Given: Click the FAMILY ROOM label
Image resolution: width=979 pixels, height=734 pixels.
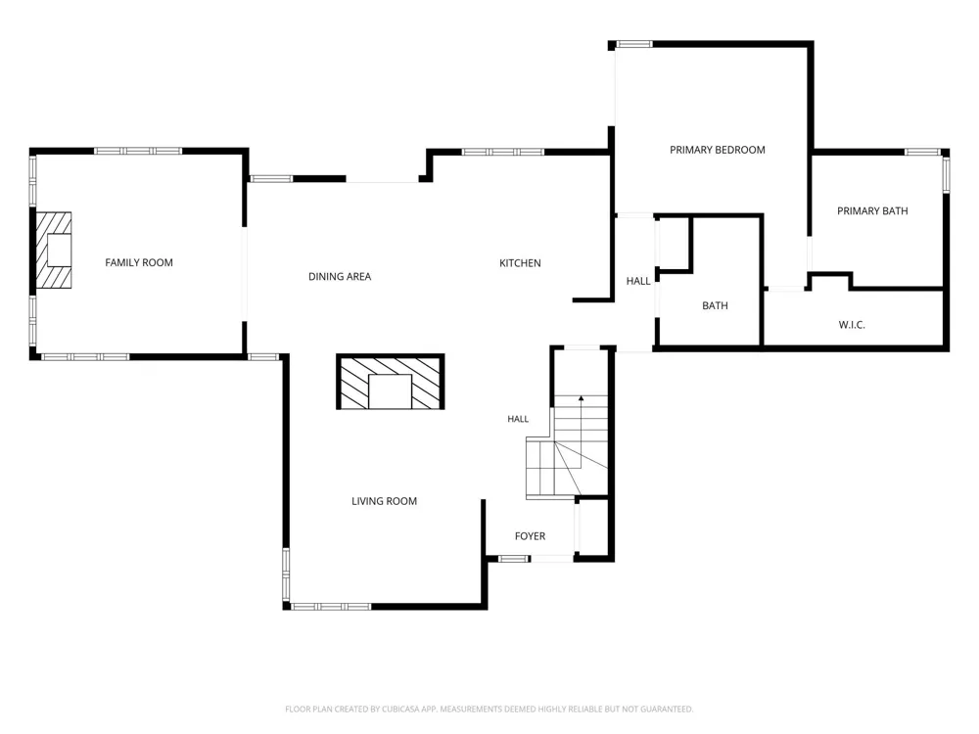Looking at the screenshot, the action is pyautogui.click(x=139, y=262).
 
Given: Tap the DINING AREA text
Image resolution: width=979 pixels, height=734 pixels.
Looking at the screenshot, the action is pyautogui.click(x=340, y=277).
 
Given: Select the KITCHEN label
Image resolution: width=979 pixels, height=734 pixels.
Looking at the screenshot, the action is pyautogui.click(x=520, y=263).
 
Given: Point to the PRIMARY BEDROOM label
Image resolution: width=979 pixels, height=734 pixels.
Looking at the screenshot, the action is pyautogui.click(x=718, y=150).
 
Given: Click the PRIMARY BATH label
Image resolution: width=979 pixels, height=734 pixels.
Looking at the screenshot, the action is pyautogui.click(x=872, y=211).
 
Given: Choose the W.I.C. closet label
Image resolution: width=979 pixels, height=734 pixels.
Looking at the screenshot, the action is pyautogui.click(x=852, y=325).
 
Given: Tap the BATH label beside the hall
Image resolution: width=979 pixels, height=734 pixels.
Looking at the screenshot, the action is pyautogui.click(x=715, y=305).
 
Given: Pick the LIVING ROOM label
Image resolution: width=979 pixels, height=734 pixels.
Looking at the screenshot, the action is pyautogui.click(x=384, y=501).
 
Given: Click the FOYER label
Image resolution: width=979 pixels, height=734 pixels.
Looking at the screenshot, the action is pyautogui.click(x=530, y=536).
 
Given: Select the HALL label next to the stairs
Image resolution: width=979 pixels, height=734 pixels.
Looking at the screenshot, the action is pyautogui.click(x=518, y=419).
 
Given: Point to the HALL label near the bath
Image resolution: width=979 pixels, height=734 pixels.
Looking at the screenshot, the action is pyautogui.click(x=638, y=281).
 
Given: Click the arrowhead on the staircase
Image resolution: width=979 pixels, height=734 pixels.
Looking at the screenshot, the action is pyautogui.click(x=582, y=397).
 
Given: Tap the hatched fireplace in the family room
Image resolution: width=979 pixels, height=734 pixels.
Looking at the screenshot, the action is pyautogui.click(x=53, y=251).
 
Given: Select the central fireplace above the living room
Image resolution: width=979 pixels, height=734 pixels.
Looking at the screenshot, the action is pyautogui.click(x=391, y=382).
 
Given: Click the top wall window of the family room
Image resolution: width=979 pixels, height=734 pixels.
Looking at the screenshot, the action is pyautogui.click(x=138, y=151).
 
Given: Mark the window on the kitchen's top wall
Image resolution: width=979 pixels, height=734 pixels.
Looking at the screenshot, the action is pyautogui.click(x=502, y=152).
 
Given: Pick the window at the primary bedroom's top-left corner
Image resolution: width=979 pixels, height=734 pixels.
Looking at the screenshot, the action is pyautogui.click(x=634, y=44).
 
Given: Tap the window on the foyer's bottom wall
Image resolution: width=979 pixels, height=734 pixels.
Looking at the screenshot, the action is pyautogui.click(x=515, y=559).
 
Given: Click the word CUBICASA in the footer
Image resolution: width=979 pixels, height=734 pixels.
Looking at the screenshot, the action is pyautogui.click(x=408, y=709).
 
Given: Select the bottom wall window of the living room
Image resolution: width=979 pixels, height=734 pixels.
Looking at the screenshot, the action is pyautogui.click(x=331, y=607).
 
